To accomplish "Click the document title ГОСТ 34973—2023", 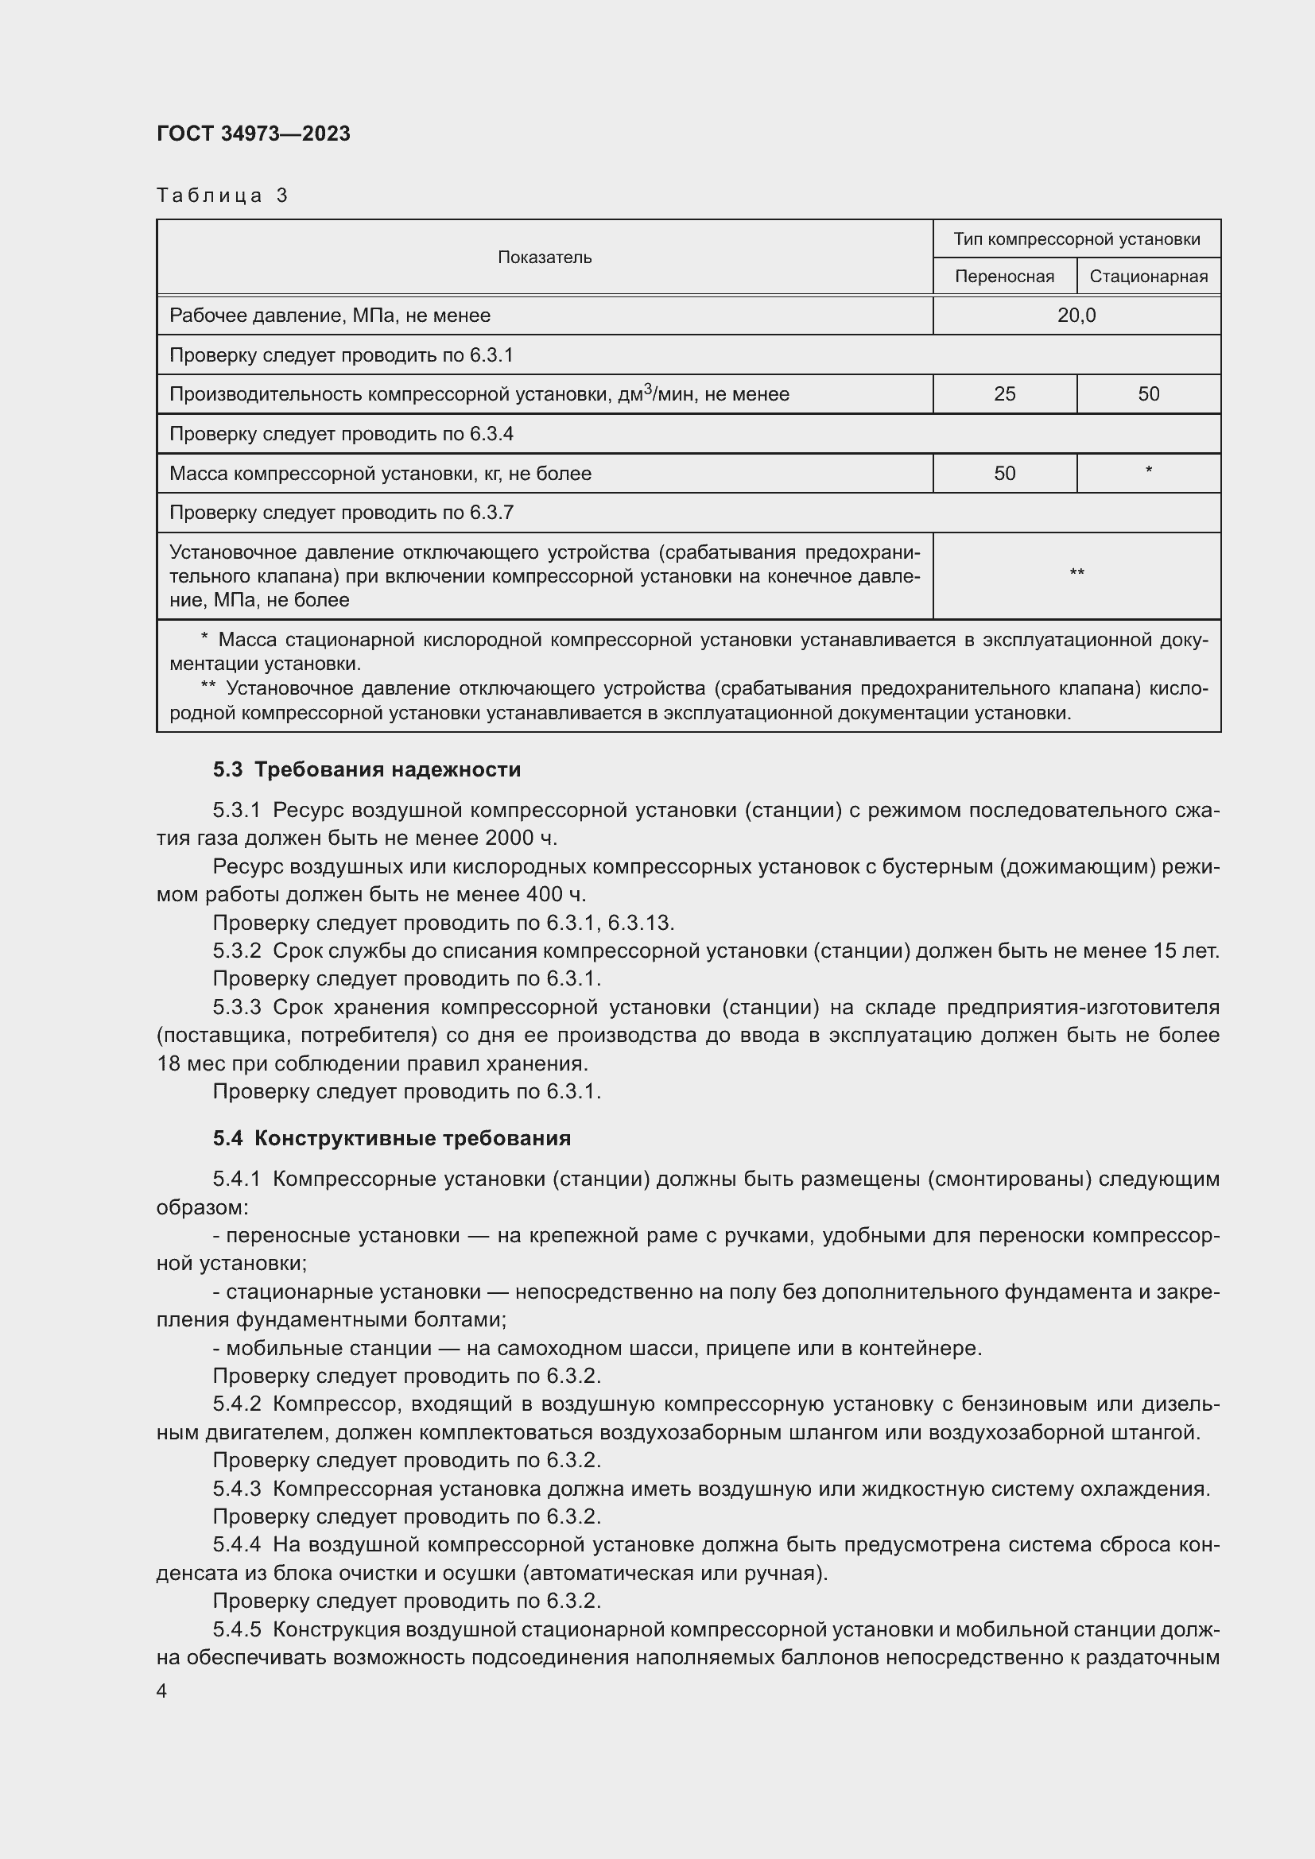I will click(x=254, y=134).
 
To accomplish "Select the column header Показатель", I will click(x=544, y=258).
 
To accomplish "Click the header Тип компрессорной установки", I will click(x=1076, y=239).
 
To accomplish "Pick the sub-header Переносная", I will click(x=1004, y=276).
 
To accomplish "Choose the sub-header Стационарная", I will click(x=1148, y=276).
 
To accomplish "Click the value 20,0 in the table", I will click(x=1076, y=315).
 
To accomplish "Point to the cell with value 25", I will click(x=1004, y=394).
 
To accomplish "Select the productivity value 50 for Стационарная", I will click(x=1148, y=394).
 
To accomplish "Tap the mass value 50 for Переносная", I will click(x=1004, y=474).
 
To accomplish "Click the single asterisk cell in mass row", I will click(x=1148, y=471).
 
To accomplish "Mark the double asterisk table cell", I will click(x=1076, y=574).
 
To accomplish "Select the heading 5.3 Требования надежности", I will click(x=367, y=769).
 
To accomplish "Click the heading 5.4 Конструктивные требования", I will click(x=392, y=1137).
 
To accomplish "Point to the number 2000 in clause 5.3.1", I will click(x=510, y=837).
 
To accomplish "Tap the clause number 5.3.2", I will click(x=237, y=951).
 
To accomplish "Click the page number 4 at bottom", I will click(x=162, y=1691).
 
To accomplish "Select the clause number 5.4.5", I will click(x=237, y=1629).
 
